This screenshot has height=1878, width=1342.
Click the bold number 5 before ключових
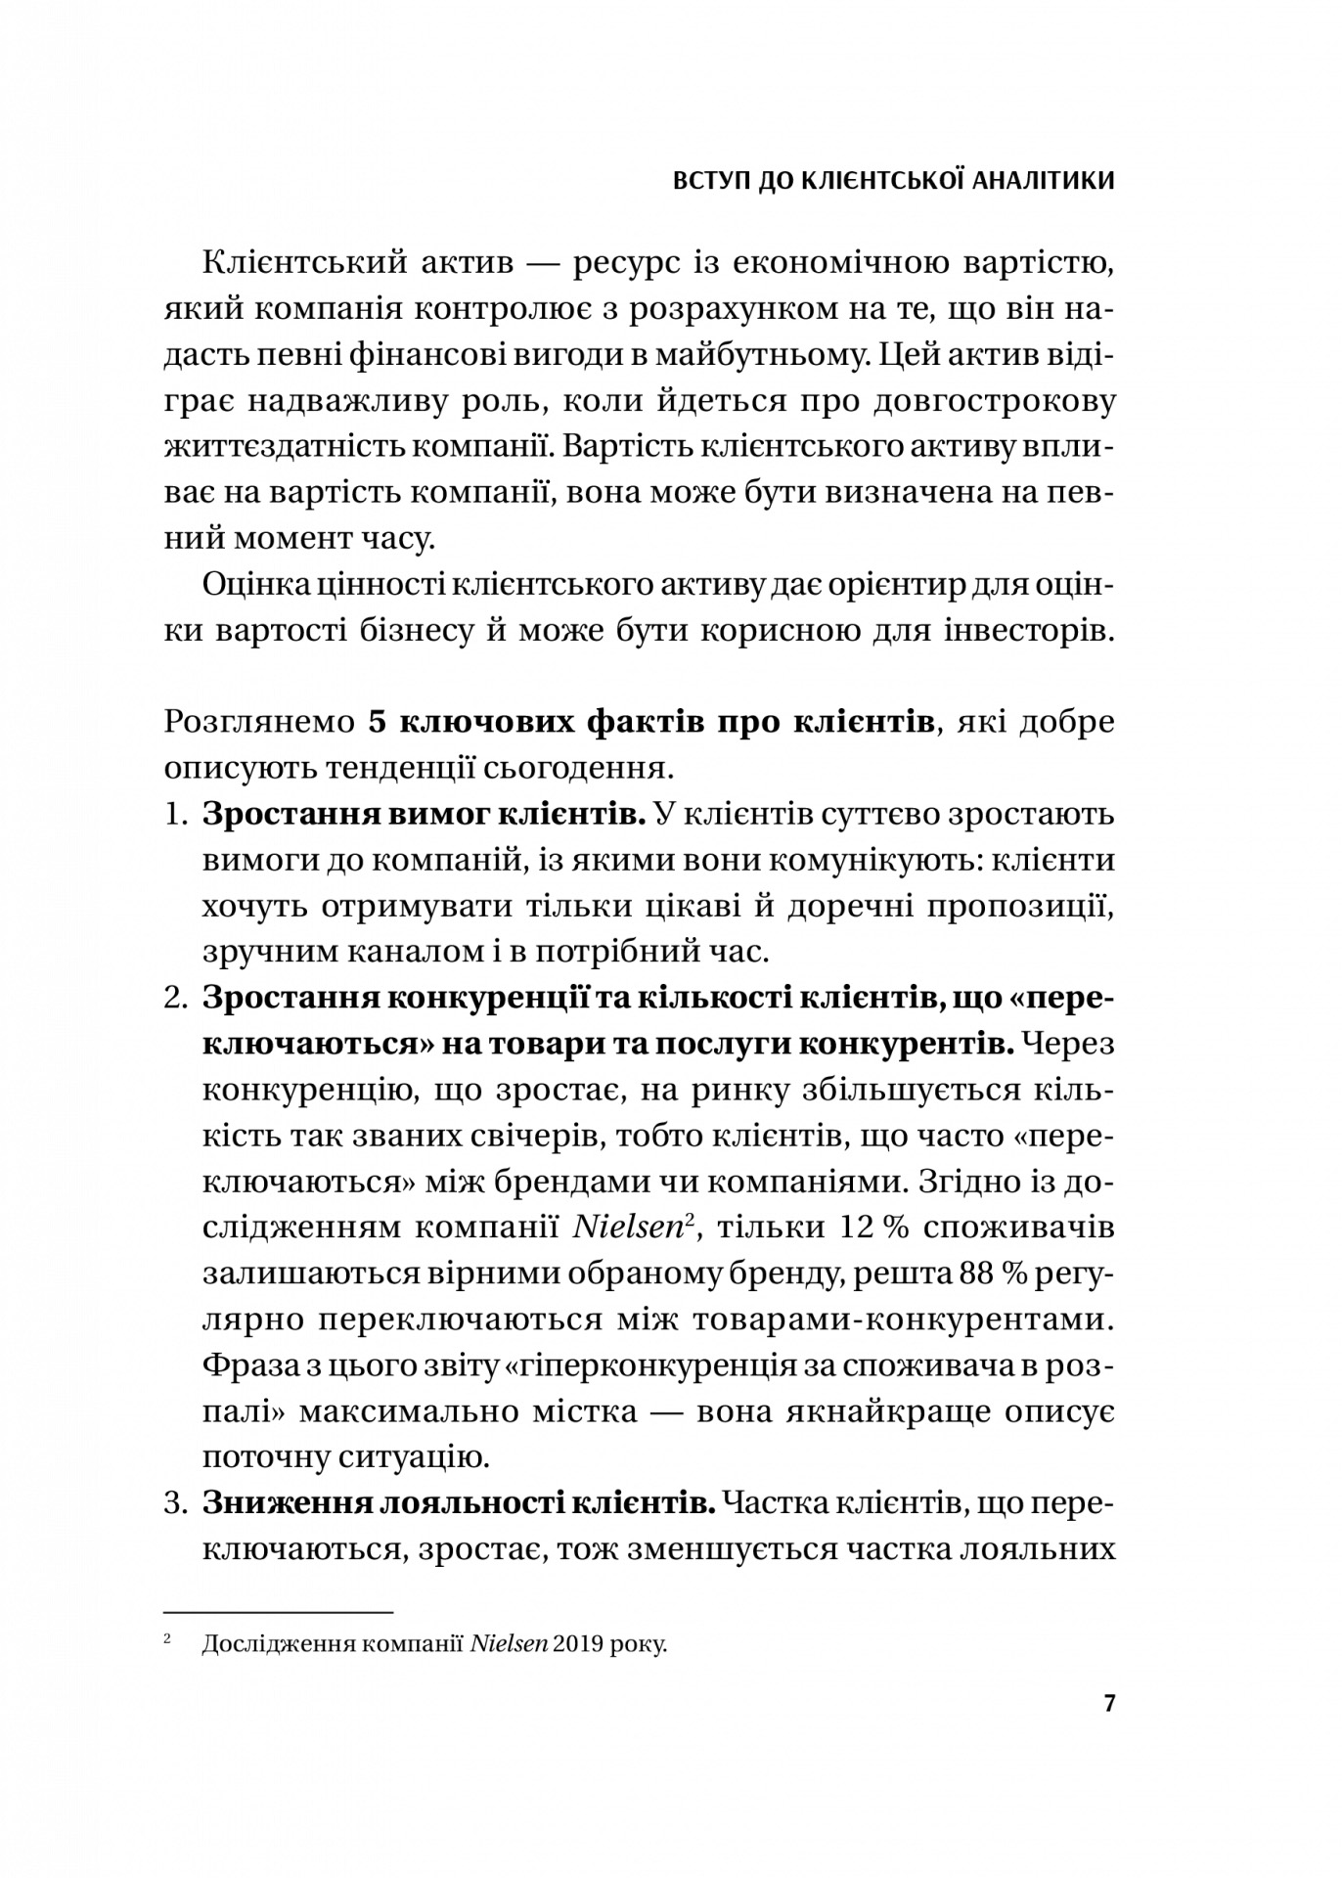coord(378,723)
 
